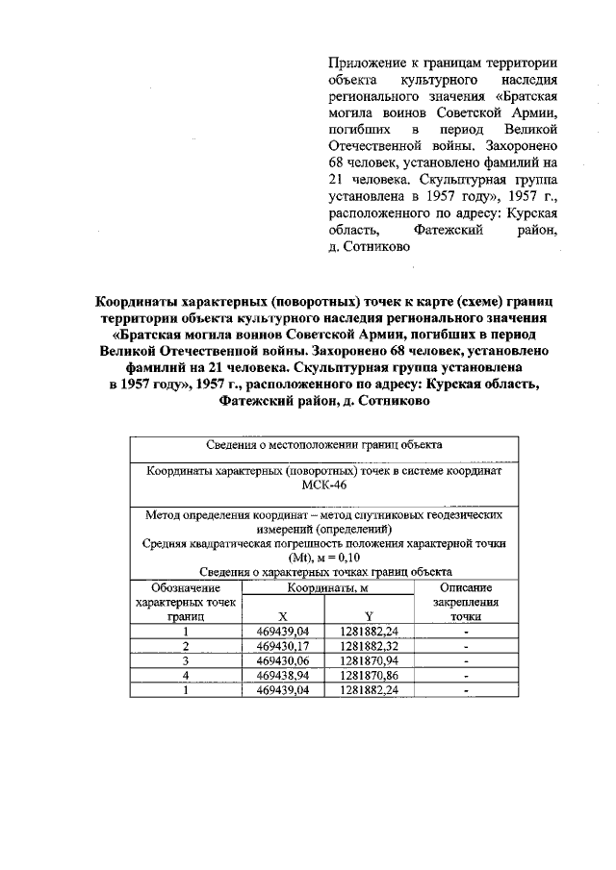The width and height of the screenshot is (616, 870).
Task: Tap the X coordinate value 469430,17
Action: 282,646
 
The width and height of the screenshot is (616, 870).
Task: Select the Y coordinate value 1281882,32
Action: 369,646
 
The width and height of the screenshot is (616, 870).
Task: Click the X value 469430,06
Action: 282,661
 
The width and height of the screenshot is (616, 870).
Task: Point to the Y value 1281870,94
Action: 369,661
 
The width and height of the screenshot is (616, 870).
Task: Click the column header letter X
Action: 282,616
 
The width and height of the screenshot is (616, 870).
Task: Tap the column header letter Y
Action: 369,616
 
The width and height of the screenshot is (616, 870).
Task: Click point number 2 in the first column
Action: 186,646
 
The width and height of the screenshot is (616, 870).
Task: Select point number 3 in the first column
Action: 186,661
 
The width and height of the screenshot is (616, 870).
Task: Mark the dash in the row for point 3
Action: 466,661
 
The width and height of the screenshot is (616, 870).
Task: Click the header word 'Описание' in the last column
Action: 466,587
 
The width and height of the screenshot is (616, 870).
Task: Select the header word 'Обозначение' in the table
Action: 186,587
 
